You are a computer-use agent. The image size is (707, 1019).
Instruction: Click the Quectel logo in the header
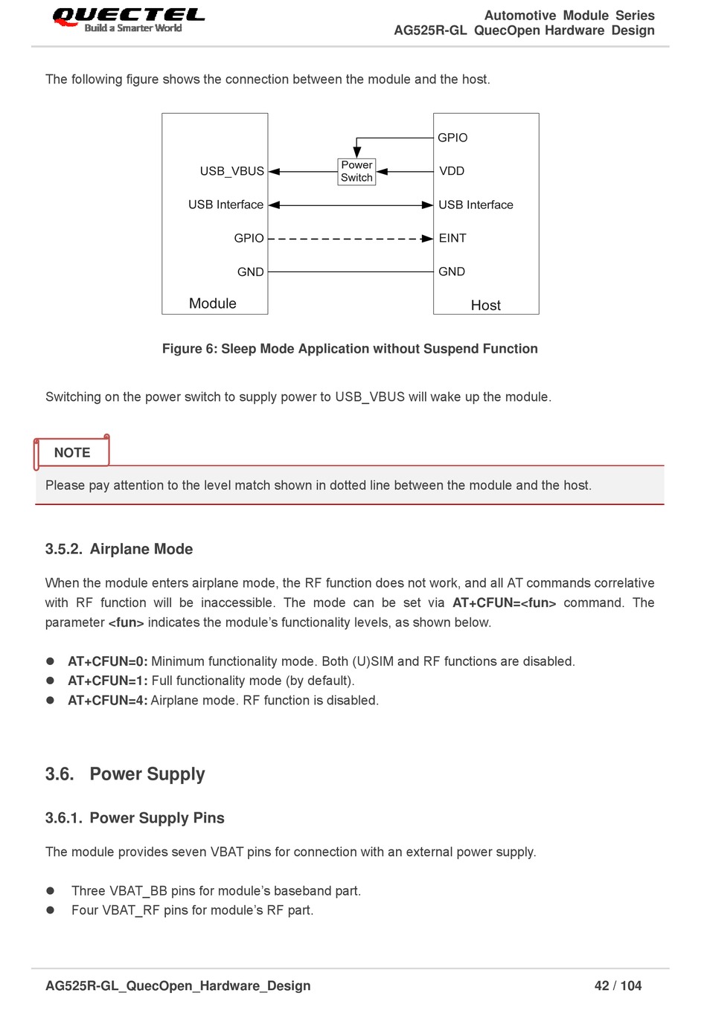128,19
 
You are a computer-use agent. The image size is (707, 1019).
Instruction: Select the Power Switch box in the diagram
356,171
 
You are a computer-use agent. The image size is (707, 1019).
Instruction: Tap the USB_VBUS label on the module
231,171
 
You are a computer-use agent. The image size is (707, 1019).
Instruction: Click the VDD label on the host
451,171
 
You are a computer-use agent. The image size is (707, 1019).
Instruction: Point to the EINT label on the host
452,238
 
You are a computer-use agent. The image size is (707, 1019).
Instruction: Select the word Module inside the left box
212,303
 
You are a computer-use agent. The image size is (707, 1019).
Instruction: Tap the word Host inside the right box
485,305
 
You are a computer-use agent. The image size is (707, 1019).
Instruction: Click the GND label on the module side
250,272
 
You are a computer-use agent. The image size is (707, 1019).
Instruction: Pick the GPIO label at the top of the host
452,138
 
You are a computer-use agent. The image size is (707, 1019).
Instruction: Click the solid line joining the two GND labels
350,272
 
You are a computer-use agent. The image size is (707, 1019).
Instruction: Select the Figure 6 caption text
350,349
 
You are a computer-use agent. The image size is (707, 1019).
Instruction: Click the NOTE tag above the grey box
72,453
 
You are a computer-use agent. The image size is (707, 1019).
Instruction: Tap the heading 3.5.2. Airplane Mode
119,549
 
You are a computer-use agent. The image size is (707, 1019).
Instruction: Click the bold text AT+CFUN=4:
107,701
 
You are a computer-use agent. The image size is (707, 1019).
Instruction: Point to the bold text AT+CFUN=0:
107,661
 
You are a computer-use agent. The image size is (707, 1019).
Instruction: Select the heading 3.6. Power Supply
125,774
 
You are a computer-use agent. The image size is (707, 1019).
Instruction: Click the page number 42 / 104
618,986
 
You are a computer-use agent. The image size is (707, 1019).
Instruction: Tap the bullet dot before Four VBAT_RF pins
51,910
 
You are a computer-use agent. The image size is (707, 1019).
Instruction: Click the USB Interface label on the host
476,205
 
